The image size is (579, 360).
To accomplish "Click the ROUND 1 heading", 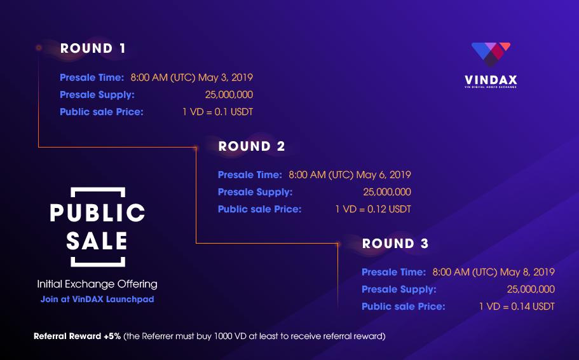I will pyautogui.click(x=93, y=48).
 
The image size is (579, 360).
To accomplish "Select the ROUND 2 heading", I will pyautogui.click(x=252, y=146).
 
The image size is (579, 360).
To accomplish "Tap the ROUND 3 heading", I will pyautogui.click(x=395, y=244).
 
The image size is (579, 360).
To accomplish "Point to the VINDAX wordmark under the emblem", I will pyautogui.click(x=491, y=80).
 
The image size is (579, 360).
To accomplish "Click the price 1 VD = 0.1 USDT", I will pyautogui.click(x=217, y=112).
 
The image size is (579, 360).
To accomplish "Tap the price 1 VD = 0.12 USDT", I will pyautogui.click(x=373, y=209).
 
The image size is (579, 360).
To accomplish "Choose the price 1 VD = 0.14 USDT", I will pyautogui.click(x=517, y=307).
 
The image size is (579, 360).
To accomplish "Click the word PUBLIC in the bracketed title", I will pyautogui.click(x=97, y=213).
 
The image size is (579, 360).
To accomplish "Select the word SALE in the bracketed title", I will pyautogui.click(x=97, y=242).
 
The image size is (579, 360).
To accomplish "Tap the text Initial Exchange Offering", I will pyautogui.click(x=97, y=284).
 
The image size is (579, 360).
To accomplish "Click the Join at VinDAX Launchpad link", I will pyautogui.click(x=97, y=299).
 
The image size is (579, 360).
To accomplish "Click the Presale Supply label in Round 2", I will pyautogui.click(x=255, y=192).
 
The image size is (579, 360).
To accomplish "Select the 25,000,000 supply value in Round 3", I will pyautogui.click(x=531, y=289).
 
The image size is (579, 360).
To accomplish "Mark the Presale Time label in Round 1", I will pyautogui.click(x=92, y=78).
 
